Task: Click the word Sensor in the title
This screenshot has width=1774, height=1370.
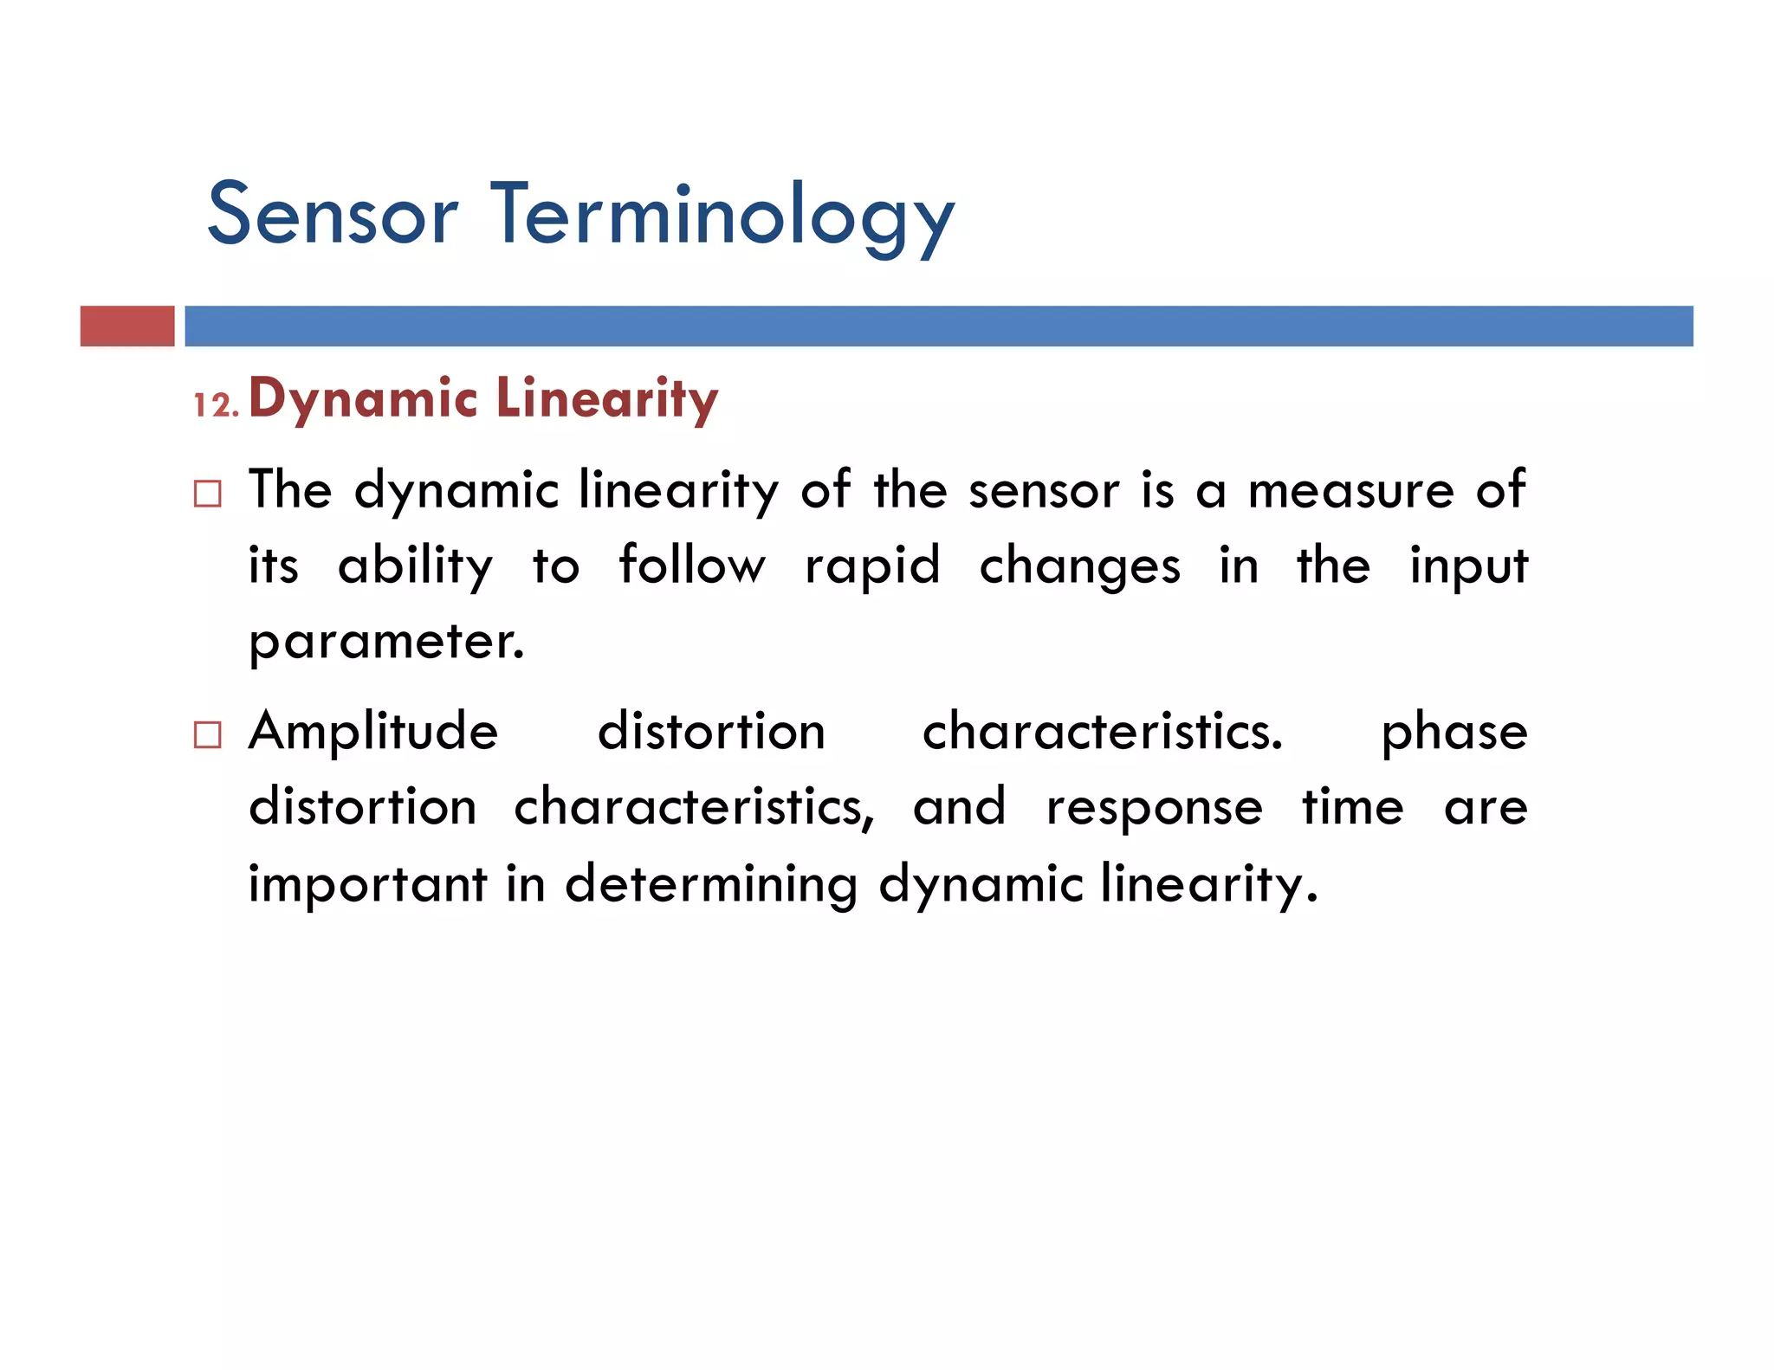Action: click(333, 215)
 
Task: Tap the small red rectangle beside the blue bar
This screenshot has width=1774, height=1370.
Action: click(127, 326)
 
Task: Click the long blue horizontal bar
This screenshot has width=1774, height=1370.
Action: click(938, 326)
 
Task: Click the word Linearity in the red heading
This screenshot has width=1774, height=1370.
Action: click(606, 399)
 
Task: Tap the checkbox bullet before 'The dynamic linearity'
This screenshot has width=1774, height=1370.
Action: click(208, 494)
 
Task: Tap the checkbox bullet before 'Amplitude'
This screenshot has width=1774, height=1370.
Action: click(208, 734)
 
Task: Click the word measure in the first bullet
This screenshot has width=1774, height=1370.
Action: click(1350, 490)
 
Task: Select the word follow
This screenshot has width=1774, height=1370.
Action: click(691, 565)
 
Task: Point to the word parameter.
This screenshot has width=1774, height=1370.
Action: click(386, 643)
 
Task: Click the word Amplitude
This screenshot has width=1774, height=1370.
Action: click(373, 732)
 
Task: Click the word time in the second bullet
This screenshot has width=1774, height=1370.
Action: click(1352, 807)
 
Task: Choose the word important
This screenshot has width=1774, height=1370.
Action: click(368, 885)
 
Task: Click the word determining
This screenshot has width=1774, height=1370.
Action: click(710, 885)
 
